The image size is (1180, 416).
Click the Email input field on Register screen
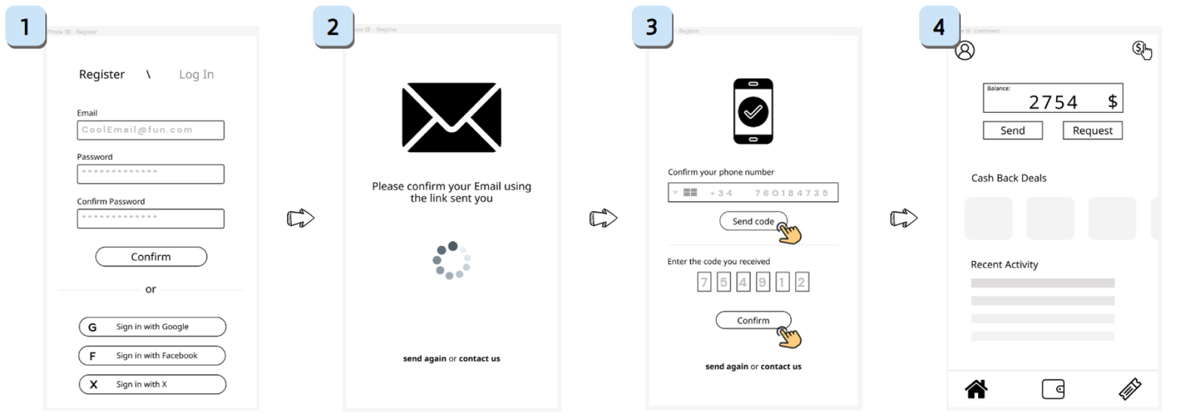(150, 131)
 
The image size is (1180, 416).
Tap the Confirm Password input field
(150, 218)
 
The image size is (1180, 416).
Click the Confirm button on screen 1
(151, 257)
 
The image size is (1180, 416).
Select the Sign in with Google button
(152, 327)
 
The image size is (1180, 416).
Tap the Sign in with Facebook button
(152, 356)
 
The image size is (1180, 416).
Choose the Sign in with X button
(152, 384)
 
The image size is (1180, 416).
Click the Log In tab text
(196, 74)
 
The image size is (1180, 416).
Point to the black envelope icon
(451, 117)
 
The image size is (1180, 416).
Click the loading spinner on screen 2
(451, 260)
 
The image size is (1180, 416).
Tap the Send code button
(753, 221)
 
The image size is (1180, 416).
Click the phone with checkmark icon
(753, 111)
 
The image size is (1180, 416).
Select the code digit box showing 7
(704, 282)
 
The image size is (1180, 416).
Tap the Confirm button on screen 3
(753, 320)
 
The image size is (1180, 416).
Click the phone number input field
(753, 193)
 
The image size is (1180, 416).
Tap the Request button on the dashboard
(1092, 131)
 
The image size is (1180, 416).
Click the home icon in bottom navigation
(976, 389)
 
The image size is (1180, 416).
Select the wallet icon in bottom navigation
(1053, 389)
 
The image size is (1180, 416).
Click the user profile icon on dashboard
(965, 50)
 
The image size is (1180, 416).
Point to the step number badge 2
(333, 27)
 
